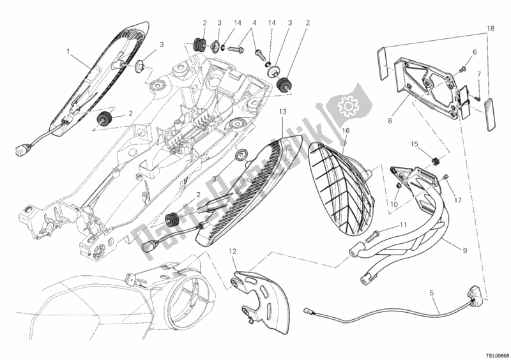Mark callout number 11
[402, 225]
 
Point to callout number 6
[475, 52]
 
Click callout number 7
[478, 75]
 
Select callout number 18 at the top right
[490, 29]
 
